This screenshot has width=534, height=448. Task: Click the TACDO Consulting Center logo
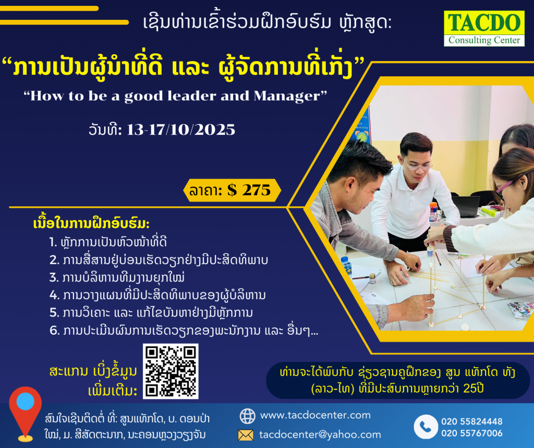tap(484, 28)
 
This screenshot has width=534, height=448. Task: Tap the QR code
tap(171, 371)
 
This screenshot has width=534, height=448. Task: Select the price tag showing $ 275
tap(232, 190)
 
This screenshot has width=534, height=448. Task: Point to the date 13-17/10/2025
tap(181, 130)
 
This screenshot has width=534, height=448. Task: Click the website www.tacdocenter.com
tap(315, 415)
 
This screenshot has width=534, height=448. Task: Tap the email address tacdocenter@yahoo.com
tap(320, 434)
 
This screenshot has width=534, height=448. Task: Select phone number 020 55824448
tap(471, 421)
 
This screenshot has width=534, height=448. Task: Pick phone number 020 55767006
tap(471, 433)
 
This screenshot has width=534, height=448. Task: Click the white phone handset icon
tap(426, 427)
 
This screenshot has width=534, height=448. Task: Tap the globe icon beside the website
tap(247, 416)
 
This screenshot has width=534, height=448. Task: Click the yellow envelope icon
tap(246, 435)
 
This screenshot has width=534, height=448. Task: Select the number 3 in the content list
tap(54, 278)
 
